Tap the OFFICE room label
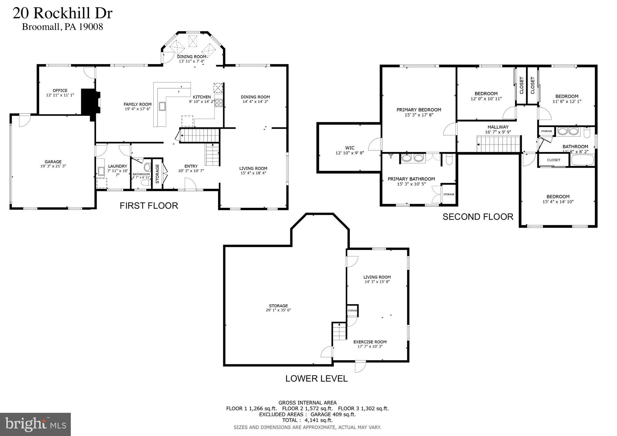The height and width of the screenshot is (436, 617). coord(60,90)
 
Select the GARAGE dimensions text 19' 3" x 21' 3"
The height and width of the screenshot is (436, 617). coord(53,166)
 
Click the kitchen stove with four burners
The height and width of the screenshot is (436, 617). coord(219,103)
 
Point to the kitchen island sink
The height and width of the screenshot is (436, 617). coord(162,106)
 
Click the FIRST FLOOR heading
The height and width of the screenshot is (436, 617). coord(149,206)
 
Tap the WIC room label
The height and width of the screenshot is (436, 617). coord(350,148)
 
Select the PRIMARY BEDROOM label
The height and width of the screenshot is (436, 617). coord(419,110)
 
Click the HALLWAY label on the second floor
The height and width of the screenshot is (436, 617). coord(498,127)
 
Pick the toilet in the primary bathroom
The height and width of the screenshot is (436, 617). coord(449,159)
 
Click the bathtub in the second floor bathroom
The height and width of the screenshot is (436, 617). coord(582,160)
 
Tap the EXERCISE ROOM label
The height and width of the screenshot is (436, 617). coord(370,342)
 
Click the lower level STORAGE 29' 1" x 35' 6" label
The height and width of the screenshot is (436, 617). coord(278,308)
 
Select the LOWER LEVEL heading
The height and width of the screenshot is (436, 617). coord(316,378)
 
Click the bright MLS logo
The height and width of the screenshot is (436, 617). coord(35,424)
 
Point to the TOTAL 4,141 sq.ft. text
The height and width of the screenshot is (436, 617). coord(307,420)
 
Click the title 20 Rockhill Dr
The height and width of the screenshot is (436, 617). coord(62,14)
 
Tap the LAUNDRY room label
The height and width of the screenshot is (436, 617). coord(117,166)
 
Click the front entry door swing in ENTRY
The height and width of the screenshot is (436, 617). coord(190,184)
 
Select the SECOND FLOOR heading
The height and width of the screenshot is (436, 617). coord(478,217)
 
